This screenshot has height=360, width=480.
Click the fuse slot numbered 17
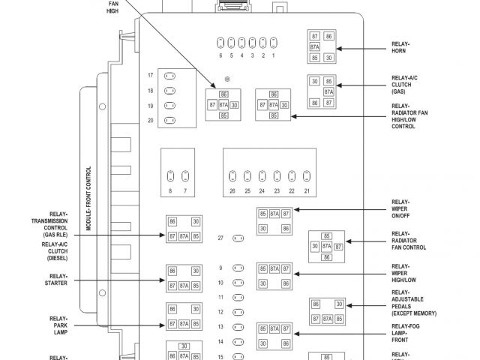click(x=170, y=76)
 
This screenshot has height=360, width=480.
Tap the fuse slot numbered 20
click(x=170, y=120)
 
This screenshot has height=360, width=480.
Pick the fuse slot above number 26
click(x=232, y=177)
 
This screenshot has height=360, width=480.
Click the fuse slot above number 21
click(x=307, y=177)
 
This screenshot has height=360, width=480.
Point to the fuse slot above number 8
click(x=170, y=177)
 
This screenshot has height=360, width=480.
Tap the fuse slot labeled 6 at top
click(x=220, y=42)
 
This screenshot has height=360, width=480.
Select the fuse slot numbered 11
click(x=238, y=297)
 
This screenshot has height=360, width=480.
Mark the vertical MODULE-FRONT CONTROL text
click(x=89, y=202)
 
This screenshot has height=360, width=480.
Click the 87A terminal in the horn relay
click(x=315, y=46)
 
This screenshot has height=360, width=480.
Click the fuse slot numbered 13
click(x=238, y=327)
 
